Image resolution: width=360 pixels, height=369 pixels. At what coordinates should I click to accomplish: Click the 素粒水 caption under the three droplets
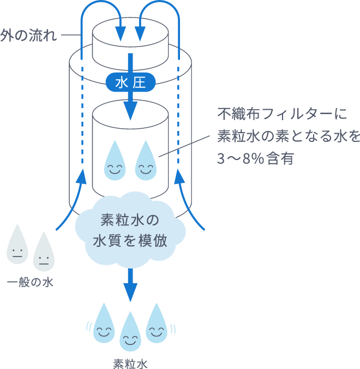coord(130,361)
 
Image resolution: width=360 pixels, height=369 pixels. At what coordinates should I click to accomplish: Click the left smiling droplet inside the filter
coord(115,162)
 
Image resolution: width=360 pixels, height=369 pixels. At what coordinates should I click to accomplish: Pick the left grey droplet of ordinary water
coord(17,249)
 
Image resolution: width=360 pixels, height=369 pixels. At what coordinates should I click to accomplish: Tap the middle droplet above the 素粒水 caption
coord(130,335)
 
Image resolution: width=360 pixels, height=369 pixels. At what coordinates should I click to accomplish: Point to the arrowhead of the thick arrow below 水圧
coord(130,112)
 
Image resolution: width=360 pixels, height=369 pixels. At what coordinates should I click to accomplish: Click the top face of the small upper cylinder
coord(130,29)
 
